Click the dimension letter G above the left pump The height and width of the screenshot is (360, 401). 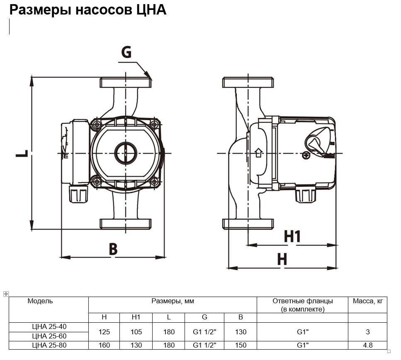pyautogui.click(x=126, y=52)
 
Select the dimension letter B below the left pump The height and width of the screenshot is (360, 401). pyautogui.click(x=113, y=249)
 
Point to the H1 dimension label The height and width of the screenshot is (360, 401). pyautogui.click(x=292, y=237)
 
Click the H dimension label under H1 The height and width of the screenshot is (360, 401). pyautogui.click(x=282, y=259)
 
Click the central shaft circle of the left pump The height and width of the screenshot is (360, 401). pyautogui.click(x=125, y=153)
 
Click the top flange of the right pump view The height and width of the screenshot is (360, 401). pyautogui.click(x=248, y=82)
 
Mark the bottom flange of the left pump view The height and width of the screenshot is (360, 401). pyautogui.click(x=125, y=224)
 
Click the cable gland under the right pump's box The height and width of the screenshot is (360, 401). pyautogui.click(x=305, y=195)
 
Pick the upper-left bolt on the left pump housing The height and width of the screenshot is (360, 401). pyautogui.click(x=97, y=124)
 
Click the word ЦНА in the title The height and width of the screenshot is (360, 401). pyautogui.click(x=151, y=10)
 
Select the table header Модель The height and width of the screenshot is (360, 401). pyautogui.click(x=40, y=301)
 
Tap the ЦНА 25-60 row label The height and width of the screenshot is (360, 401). pyautogui.click(x=49, y=336)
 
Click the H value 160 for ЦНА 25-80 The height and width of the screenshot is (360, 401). pyautogui.click(x=104, y=345)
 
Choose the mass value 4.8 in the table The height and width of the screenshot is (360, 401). pyautogui.click(x=367, y=345)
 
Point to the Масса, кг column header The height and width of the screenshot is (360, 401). pyautogui.click(x=367, y=301)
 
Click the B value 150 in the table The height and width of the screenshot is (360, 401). pyautogui.click(x=241, y=345)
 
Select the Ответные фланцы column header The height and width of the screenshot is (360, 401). pyautogui.click(x=302, y=305)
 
